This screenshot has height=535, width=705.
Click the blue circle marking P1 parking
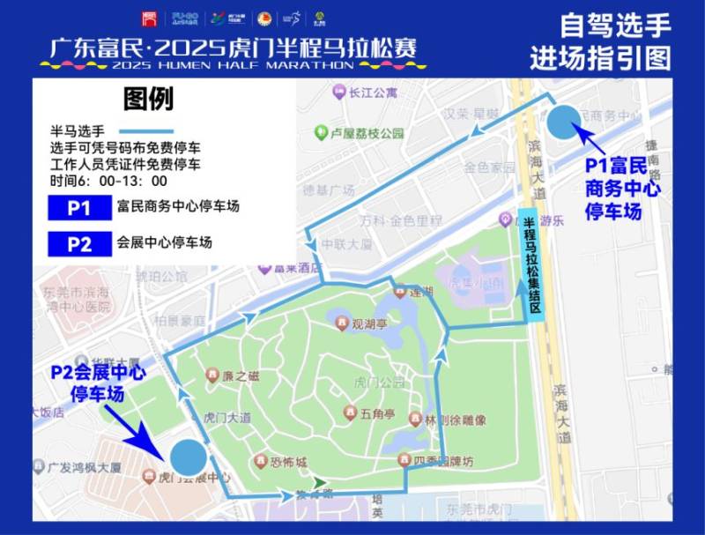pos(564,123)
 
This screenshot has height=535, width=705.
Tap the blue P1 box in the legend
pos(79,208)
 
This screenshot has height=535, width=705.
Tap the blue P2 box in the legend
pos(79,243)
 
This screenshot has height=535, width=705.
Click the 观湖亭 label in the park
pos(369,324)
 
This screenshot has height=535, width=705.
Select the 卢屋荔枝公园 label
pos(367,133)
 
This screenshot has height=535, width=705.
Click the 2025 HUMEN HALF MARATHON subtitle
pos(234,64)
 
